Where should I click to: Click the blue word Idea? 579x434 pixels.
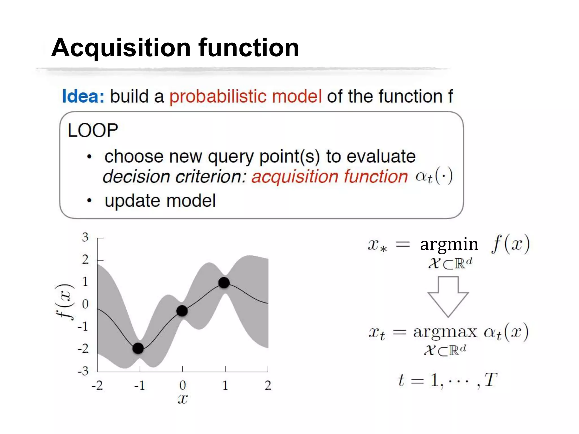(83, 96)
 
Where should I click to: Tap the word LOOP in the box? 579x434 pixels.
(93, 131)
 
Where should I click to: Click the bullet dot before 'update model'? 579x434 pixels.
(89, 201)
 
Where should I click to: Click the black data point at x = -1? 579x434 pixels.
(138, 348)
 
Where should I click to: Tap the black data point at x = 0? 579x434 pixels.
(182, 311)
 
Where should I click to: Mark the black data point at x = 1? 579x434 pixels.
(224, 283)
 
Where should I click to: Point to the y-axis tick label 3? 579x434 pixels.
(85, 237)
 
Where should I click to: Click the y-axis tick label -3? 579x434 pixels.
(83, 371)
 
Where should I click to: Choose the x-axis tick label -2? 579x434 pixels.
(97, 385)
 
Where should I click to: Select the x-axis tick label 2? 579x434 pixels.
(268, 385)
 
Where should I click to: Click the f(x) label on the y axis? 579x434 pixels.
(64, 301)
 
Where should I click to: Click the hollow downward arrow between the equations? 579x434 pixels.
(448, 297)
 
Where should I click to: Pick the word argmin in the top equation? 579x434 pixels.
(449, 244)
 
